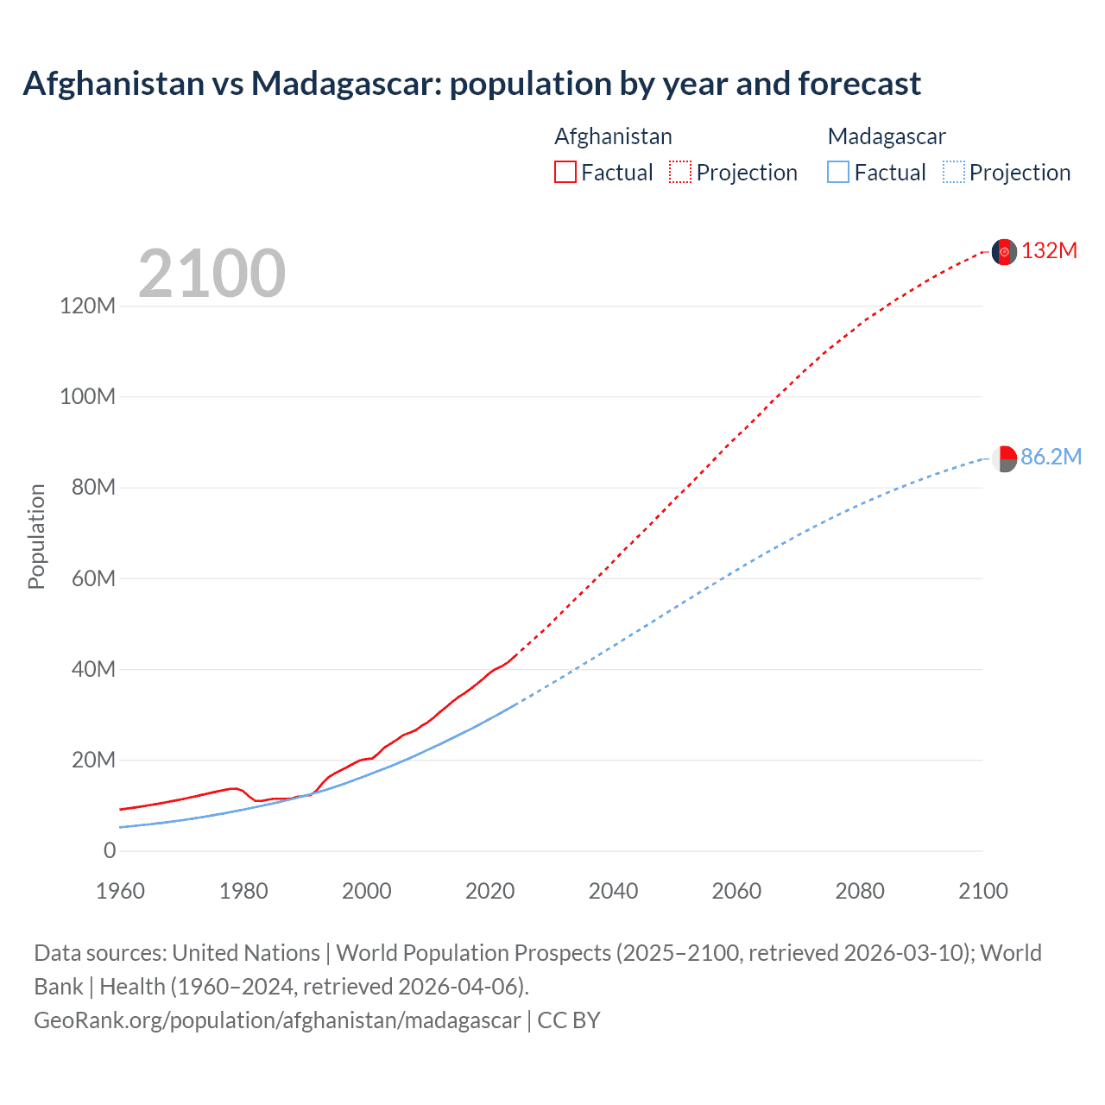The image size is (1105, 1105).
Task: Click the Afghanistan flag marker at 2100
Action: (1004, 251)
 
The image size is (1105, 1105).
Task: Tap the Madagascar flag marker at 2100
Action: (1004, 458)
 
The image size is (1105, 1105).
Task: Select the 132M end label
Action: (1049, 250)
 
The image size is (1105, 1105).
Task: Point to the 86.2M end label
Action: (1051, 457)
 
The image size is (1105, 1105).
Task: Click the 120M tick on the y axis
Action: (87, 306)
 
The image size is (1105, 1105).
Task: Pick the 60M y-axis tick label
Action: (92, 578)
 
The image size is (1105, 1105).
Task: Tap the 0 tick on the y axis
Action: (109, 850)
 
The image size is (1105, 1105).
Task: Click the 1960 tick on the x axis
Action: (120, 891)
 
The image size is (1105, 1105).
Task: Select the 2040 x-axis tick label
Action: (613, 891)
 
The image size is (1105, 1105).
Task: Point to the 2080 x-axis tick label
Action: (860, 891)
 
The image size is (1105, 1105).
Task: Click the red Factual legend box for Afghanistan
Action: (565, 173)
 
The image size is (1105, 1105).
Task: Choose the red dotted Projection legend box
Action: (680, 173)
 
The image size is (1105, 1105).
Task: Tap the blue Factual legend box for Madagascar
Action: (837, 173)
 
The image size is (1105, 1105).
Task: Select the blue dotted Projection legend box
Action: (953, 173)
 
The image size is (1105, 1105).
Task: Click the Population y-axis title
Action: (36, 536)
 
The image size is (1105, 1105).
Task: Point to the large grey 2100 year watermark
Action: (212, 274)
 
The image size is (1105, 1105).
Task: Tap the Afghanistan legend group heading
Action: (613, 136)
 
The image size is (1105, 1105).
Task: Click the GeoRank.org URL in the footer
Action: (277, 1020)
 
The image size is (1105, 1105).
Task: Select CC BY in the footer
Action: (568, 1020)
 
